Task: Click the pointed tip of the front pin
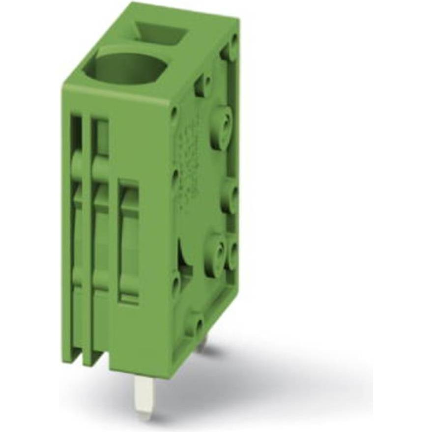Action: (x=144, y=415)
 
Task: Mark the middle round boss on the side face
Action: (x=230, y=195)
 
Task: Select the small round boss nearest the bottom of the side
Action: (x=196, y=325)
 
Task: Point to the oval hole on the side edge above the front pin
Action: (x=174, y=285)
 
